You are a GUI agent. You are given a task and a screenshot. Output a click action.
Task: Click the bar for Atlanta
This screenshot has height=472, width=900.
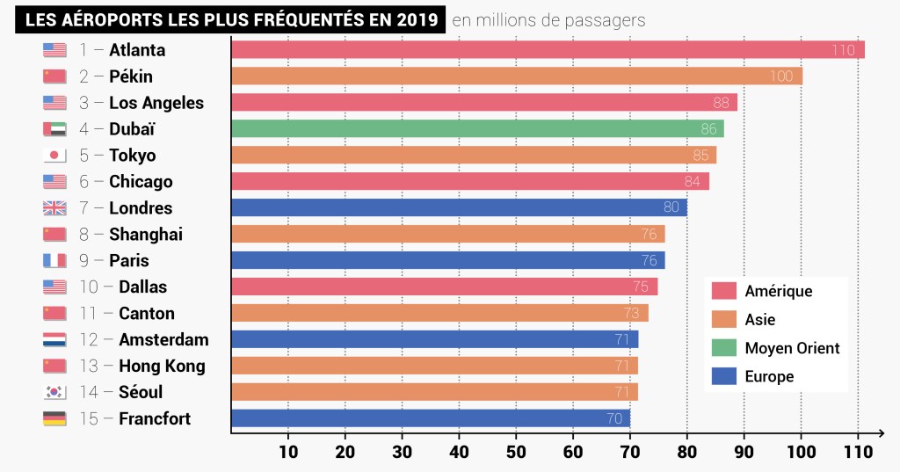tap(545, 50)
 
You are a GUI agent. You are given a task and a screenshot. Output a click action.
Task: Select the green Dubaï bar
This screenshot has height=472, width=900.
tap(475, 129)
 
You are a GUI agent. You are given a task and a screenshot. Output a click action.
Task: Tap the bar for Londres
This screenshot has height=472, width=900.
tap(457, 208)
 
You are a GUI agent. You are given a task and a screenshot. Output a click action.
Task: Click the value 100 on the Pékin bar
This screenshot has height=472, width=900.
tap(780, 76)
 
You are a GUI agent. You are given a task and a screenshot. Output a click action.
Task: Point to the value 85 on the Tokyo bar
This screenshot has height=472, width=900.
tap(700, 156)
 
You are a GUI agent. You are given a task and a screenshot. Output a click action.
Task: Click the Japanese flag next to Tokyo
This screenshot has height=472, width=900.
tap(54, 156)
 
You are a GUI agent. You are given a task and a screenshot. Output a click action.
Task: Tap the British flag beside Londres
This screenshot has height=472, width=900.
tap(54, 208)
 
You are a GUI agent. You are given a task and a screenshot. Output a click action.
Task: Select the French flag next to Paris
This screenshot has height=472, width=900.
tap(54, 261)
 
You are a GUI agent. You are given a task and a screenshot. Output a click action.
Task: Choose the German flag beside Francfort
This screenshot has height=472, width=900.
tap(54, 418)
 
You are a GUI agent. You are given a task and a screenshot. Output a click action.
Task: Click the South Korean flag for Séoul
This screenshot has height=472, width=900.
tap(54, 392)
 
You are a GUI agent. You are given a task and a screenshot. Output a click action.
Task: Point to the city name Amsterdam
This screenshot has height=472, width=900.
tap(163, 339)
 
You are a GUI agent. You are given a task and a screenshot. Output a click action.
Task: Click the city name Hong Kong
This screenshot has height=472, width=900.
tap(162, 366)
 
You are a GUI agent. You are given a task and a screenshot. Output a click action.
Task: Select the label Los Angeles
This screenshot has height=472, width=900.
tap(156, 103)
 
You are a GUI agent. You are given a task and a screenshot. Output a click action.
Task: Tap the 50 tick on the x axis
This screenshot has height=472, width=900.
tap(516, 452)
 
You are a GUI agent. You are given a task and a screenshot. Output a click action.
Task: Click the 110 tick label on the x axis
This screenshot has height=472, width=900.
tap(858, 452)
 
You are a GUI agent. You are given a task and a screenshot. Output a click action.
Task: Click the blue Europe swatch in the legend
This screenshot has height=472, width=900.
tap(723, 376)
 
